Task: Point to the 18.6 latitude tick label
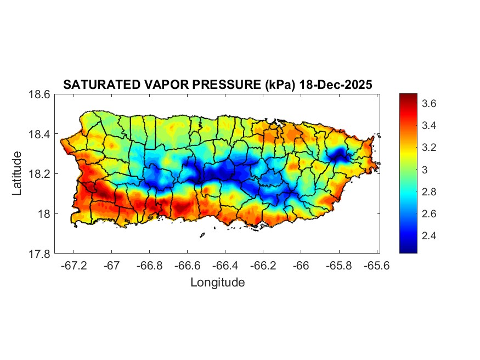click(x=39, y=94)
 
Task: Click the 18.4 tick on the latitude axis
click(x=39, y=134)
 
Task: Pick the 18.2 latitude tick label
click(x=39, y=174)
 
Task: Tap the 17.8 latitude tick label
click(x=39, y=254)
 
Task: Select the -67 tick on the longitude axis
click(x=112, y=265)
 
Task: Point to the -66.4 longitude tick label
click(x=225, y=265)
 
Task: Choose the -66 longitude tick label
click(x=301, y=265)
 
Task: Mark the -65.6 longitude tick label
click(x=376, y=265)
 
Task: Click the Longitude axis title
click(x=217, y=283)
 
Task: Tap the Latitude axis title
click(x=18, y=173)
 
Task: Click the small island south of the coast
click(x=202, y=235)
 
